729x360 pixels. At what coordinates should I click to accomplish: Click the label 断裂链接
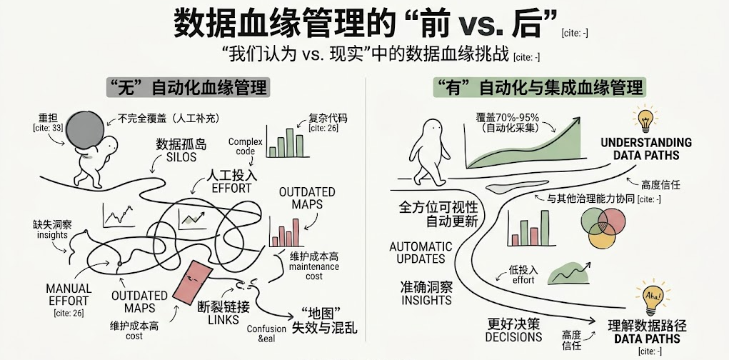point(223,306)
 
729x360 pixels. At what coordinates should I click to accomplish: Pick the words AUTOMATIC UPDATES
point(421,253)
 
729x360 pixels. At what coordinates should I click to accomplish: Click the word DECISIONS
point(513,336)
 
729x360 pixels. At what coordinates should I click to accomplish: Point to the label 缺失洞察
point(51,224)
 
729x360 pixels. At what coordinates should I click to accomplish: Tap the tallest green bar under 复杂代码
point(290,143)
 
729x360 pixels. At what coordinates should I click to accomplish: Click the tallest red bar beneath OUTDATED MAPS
point(296,232)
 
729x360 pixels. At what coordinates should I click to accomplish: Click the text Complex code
point(246,146)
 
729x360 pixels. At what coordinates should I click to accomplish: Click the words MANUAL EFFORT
point(69,294)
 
